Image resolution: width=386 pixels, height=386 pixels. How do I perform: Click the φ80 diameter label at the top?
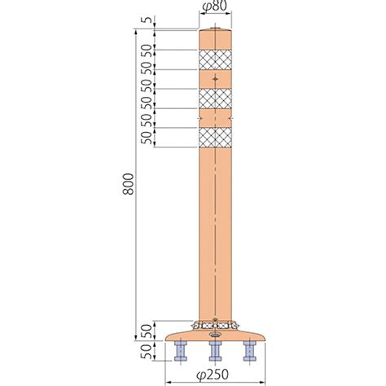tap(214, 6)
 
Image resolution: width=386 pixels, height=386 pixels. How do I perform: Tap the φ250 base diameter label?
tap(213, 375)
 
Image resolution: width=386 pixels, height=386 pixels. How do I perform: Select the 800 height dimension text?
tap(128, 184)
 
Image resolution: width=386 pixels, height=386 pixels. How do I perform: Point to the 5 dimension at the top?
tap(147, 20)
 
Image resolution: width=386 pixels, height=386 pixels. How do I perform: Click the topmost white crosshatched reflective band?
tap(215, 59)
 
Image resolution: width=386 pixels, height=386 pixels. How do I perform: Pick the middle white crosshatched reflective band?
tap(215, 99)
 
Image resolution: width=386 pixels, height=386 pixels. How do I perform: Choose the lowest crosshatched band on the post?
tap(215, 138)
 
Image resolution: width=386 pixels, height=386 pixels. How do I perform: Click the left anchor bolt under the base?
tap(181, 351)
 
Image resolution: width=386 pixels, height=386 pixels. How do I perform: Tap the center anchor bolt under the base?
tap(215, 351)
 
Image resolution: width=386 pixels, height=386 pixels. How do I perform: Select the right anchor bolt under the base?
tap(250, 351)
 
